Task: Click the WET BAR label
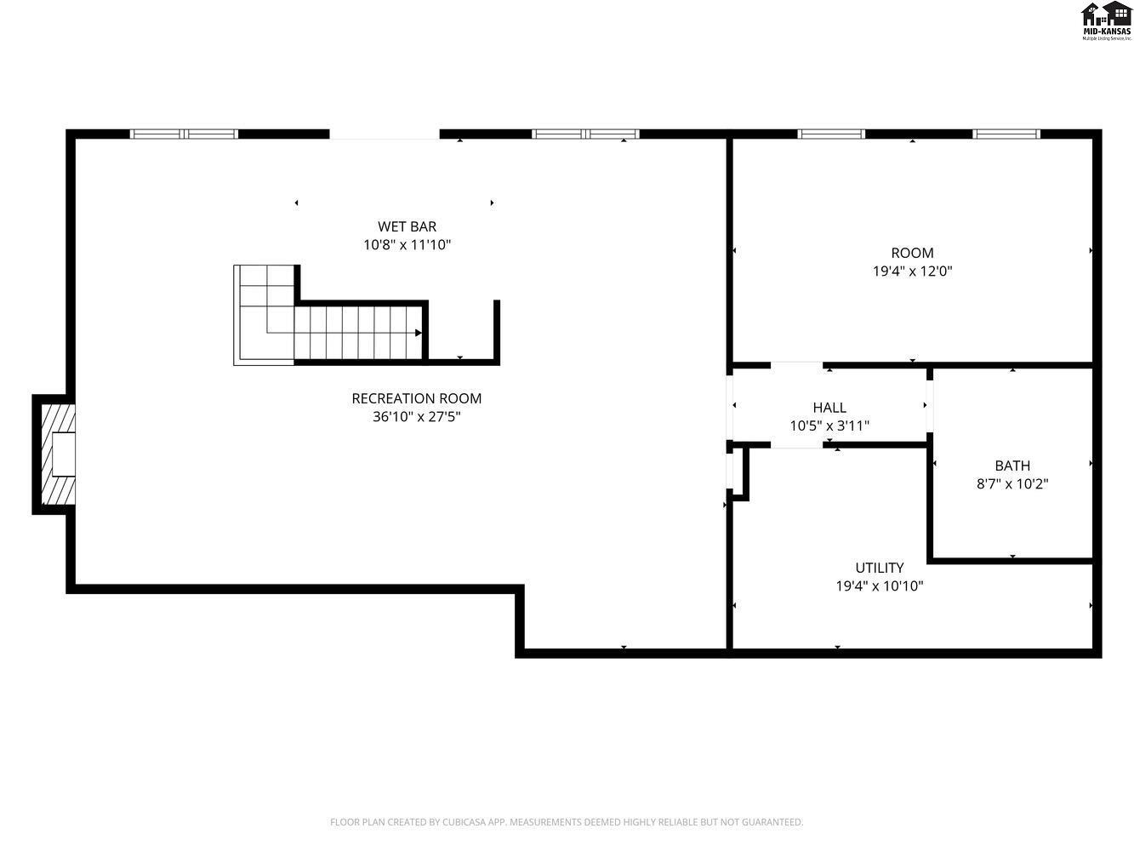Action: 407,226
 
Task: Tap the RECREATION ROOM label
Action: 416,398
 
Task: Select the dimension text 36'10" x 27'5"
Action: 416,417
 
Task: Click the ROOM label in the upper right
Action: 912,253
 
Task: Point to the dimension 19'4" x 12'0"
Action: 912,271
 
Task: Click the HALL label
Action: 829,408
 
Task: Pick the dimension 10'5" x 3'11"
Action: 829,425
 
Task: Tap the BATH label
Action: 1011,465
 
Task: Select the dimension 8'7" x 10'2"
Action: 1011,484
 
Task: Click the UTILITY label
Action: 879,568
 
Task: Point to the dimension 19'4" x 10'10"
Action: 879,586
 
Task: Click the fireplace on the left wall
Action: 55,454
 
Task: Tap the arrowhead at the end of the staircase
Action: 418,333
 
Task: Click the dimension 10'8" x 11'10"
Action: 407,245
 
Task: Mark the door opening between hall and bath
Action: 930,406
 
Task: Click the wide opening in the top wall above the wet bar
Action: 384,135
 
